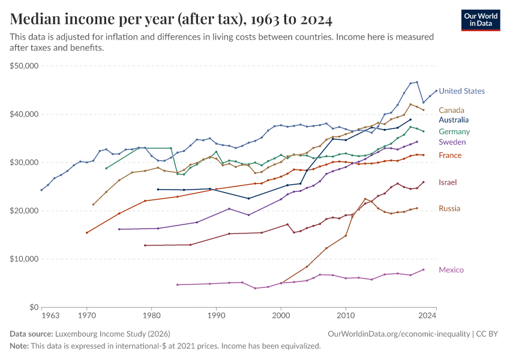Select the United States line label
pos(461,91)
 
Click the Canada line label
pos(451,110)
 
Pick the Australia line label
pos(454,120)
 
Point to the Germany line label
pos(454,131)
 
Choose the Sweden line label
pos(452,142)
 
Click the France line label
pos(450,155)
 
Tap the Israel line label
pos(448,182)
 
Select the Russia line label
pos(449,209)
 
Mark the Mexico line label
pos(451,270)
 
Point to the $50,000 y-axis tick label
pos(24,66)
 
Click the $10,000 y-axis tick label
pos(24,259)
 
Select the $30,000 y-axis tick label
pos(24,163)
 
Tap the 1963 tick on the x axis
pos(50,315)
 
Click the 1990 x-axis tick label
pos(216,315)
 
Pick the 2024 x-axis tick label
pos(427,315)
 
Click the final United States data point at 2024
pos(436,91)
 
